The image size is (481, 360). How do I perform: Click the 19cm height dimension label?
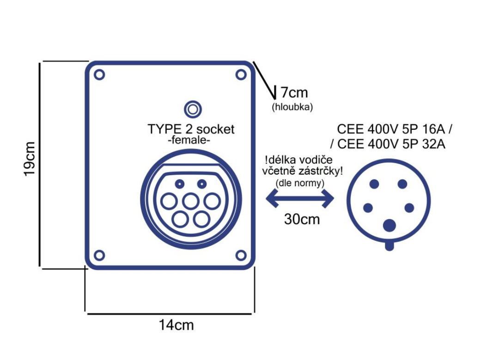[x=30, y=159]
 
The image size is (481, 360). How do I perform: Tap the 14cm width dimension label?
[x=177, y=325]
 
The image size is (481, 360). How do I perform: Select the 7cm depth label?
[x=294, y=92]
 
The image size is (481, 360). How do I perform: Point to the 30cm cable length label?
[x=302, y=219]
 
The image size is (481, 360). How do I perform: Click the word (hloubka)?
[x=292, y=107]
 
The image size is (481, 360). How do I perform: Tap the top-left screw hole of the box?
[x=99, y=74]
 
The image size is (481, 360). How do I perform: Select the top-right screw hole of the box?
[x=241, y=74]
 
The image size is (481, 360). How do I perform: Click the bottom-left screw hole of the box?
[x=99, y=256]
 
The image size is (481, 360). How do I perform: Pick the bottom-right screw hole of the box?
[x=241, y=256]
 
